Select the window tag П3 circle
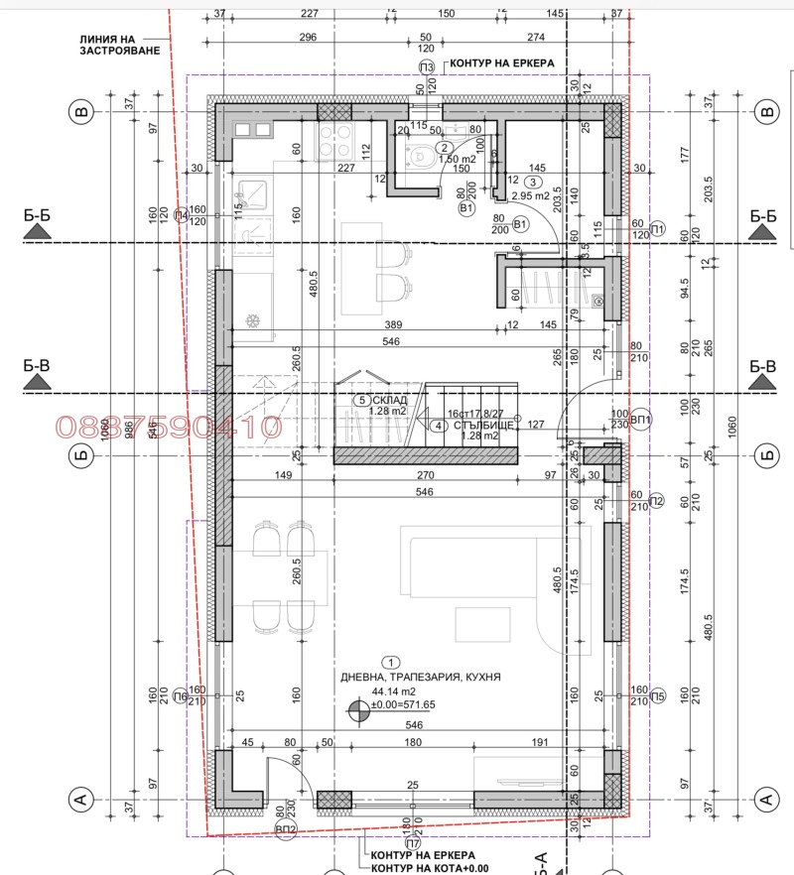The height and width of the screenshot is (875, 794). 426,66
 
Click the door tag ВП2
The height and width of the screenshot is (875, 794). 288,827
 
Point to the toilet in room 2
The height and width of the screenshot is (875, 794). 420,155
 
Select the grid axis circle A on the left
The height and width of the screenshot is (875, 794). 82,797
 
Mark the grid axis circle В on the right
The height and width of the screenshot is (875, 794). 765,113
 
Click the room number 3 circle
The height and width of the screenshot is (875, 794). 533,182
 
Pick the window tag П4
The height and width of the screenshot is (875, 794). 180,215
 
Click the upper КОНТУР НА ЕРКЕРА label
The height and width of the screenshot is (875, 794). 501,62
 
